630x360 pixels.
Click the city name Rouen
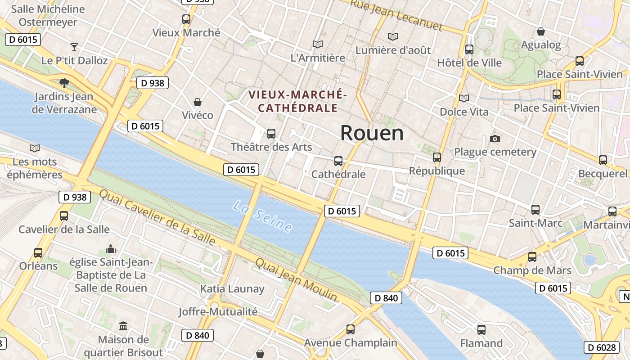(x=372, y=133)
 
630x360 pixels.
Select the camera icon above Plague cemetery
(x=495, y=139)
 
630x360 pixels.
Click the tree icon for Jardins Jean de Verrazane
(x=64, y=83)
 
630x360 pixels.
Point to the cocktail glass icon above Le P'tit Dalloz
(x=74, y=47)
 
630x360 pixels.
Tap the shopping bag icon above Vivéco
(x=197, y=102)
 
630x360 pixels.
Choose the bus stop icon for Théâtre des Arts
(x=271, y=134)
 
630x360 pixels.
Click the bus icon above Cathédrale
(x=338, y=161)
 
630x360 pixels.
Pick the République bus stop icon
(x=437, y=157)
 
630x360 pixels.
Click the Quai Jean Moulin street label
(x=296, y=280)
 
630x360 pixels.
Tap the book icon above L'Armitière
(x=318, y=44)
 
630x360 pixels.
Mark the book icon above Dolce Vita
(x=463, y=98)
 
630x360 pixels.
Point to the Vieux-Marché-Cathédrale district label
(x=298, y=101)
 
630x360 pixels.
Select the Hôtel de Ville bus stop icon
(x=469, y=49)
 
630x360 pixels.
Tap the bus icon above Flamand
(x=481, y=330)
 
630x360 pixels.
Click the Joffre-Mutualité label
(x=218, y=311)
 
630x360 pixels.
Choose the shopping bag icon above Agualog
(x=541, y=31)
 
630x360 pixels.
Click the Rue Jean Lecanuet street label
(x=396, y=15)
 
